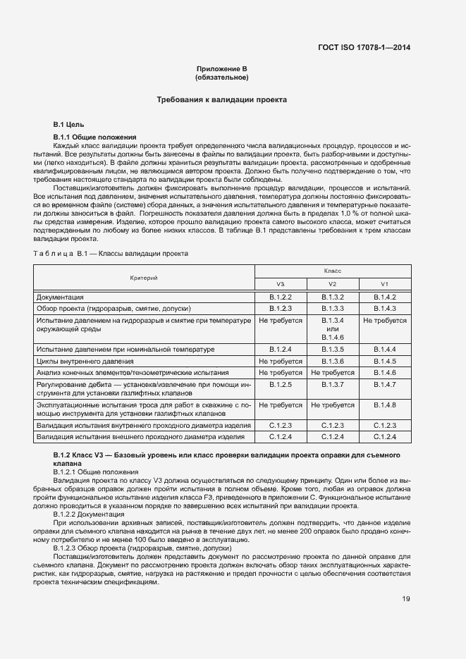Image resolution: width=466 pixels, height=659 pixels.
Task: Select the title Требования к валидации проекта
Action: (x=222, y=100)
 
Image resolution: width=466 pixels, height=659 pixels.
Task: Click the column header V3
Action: (x=281, y=283)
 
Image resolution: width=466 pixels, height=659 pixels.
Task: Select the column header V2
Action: (x=332, y=283)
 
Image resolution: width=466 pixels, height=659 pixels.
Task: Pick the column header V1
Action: (x=384, y=283)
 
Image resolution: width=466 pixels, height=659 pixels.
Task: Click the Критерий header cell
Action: (x=144, y=277)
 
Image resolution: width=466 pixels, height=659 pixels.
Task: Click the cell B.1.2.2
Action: (x=281, y=297)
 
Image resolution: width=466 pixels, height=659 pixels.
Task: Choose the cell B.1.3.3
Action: (x=332, y=309)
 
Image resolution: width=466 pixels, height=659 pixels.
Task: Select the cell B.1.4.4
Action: (x=384, y=350)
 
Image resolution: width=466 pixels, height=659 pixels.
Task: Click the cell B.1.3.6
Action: (x=332, y=361)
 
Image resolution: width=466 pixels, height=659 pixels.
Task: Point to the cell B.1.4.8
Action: (x=384, y=405)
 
